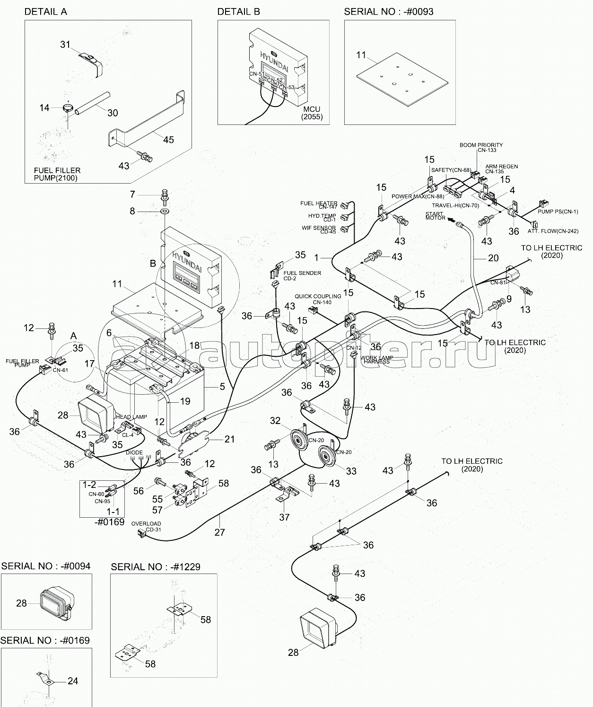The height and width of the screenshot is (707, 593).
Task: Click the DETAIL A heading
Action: coord(46,12)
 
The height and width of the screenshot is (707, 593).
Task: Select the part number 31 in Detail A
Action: coord(65,45)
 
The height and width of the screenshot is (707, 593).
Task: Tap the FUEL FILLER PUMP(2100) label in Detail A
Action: coord(57,174)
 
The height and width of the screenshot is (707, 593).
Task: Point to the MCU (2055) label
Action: coord(312,113)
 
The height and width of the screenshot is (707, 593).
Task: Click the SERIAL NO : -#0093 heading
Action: coord(389,12)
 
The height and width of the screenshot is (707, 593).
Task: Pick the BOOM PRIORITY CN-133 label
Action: coord(481,148)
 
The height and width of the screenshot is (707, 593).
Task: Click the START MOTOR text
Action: coord(435,216)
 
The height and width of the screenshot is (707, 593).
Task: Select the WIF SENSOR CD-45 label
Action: coord(319,230)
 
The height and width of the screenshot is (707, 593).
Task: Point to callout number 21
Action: coord(229,439)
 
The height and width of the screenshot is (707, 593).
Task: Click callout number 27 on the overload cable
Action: coord(219,532)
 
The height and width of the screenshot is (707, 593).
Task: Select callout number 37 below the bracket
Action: coord(284,517)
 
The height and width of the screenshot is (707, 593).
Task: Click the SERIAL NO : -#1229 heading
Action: coord(156,567)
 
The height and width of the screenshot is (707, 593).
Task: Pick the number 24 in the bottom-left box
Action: coord(73,681)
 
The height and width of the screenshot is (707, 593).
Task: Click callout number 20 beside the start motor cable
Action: coord(493,258)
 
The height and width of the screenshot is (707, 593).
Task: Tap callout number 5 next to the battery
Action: coord(222,387)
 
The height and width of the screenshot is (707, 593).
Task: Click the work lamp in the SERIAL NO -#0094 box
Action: coord(55,604)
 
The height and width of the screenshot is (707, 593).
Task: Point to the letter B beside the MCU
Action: coord(153,264)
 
